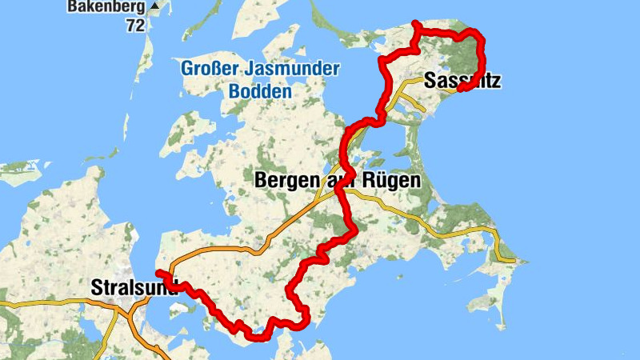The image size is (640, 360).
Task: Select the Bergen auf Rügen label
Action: point(337,182)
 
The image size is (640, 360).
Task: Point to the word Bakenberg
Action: point(106,6)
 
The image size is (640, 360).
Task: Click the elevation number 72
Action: point(134,25)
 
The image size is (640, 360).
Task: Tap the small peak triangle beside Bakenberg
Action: point(154,6)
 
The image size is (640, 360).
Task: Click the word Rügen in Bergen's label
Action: point(388,182)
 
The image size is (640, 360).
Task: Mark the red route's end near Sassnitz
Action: point(460,87)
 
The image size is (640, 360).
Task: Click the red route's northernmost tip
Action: point(414,23)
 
